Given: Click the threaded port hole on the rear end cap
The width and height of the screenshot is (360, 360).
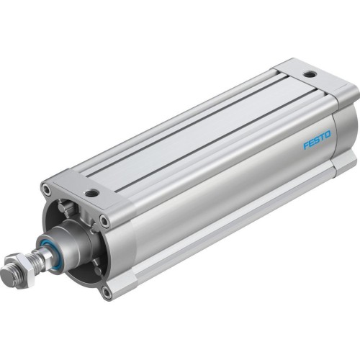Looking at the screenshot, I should pyautogui.click(x=309, y=74).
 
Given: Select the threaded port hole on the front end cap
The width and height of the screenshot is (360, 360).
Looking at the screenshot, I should pyautogui.click(x=91, y=193).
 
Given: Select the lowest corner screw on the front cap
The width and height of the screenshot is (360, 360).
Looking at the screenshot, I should pyautogui.click(x=107, y=292).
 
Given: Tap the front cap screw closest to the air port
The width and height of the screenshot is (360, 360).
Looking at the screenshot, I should pyautogui.click(x=105, y=221).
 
